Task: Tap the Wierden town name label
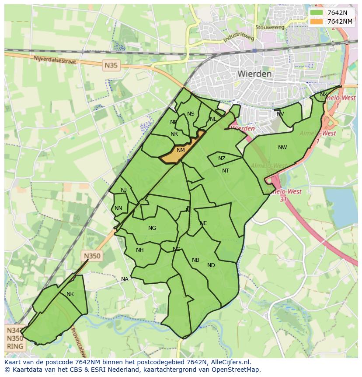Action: point(254,74)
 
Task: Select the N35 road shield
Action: point(111,66)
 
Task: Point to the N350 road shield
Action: point(92,257)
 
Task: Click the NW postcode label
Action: point(282,148)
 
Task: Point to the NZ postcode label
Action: point(222,159)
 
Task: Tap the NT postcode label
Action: point(226,171)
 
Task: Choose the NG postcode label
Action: point(152,228)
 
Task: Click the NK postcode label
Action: point(70,294)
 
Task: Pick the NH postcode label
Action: point(140,250)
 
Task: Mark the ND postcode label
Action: point(211,265)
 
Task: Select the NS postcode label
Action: point(191,114)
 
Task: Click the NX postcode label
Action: point(324,95)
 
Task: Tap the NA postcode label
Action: point(125,279)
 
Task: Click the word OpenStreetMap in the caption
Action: point(237,370)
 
